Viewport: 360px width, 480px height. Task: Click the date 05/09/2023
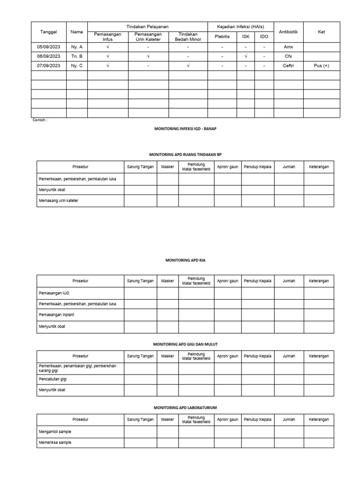click(x=49, y=47)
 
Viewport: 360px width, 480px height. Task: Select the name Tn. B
click(x=76, y=56)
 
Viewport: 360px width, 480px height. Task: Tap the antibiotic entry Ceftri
click(x=288, y=66)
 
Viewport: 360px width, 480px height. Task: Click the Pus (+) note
click(x=321, y=66)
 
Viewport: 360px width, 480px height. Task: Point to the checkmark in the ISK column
click(x=246, y=56)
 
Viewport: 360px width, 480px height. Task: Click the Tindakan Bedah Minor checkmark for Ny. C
click(x=187, y=66)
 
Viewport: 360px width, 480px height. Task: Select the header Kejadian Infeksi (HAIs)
click(x=240, y=27)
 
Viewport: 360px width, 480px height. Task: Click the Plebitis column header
click(x=222, y=36)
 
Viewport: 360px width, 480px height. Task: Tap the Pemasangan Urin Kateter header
click(x=148, y=37)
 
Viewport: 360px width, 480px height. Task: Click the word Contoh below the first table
click(x=40, y=120)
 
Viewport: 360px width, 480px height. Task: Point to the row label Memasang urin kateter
click(x=59, y=201)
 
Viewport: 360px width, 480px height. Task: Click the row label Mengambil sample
click(x=54, y=431)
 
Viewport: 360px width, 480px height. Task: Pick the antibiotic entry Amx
click(x=288, y=47)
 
